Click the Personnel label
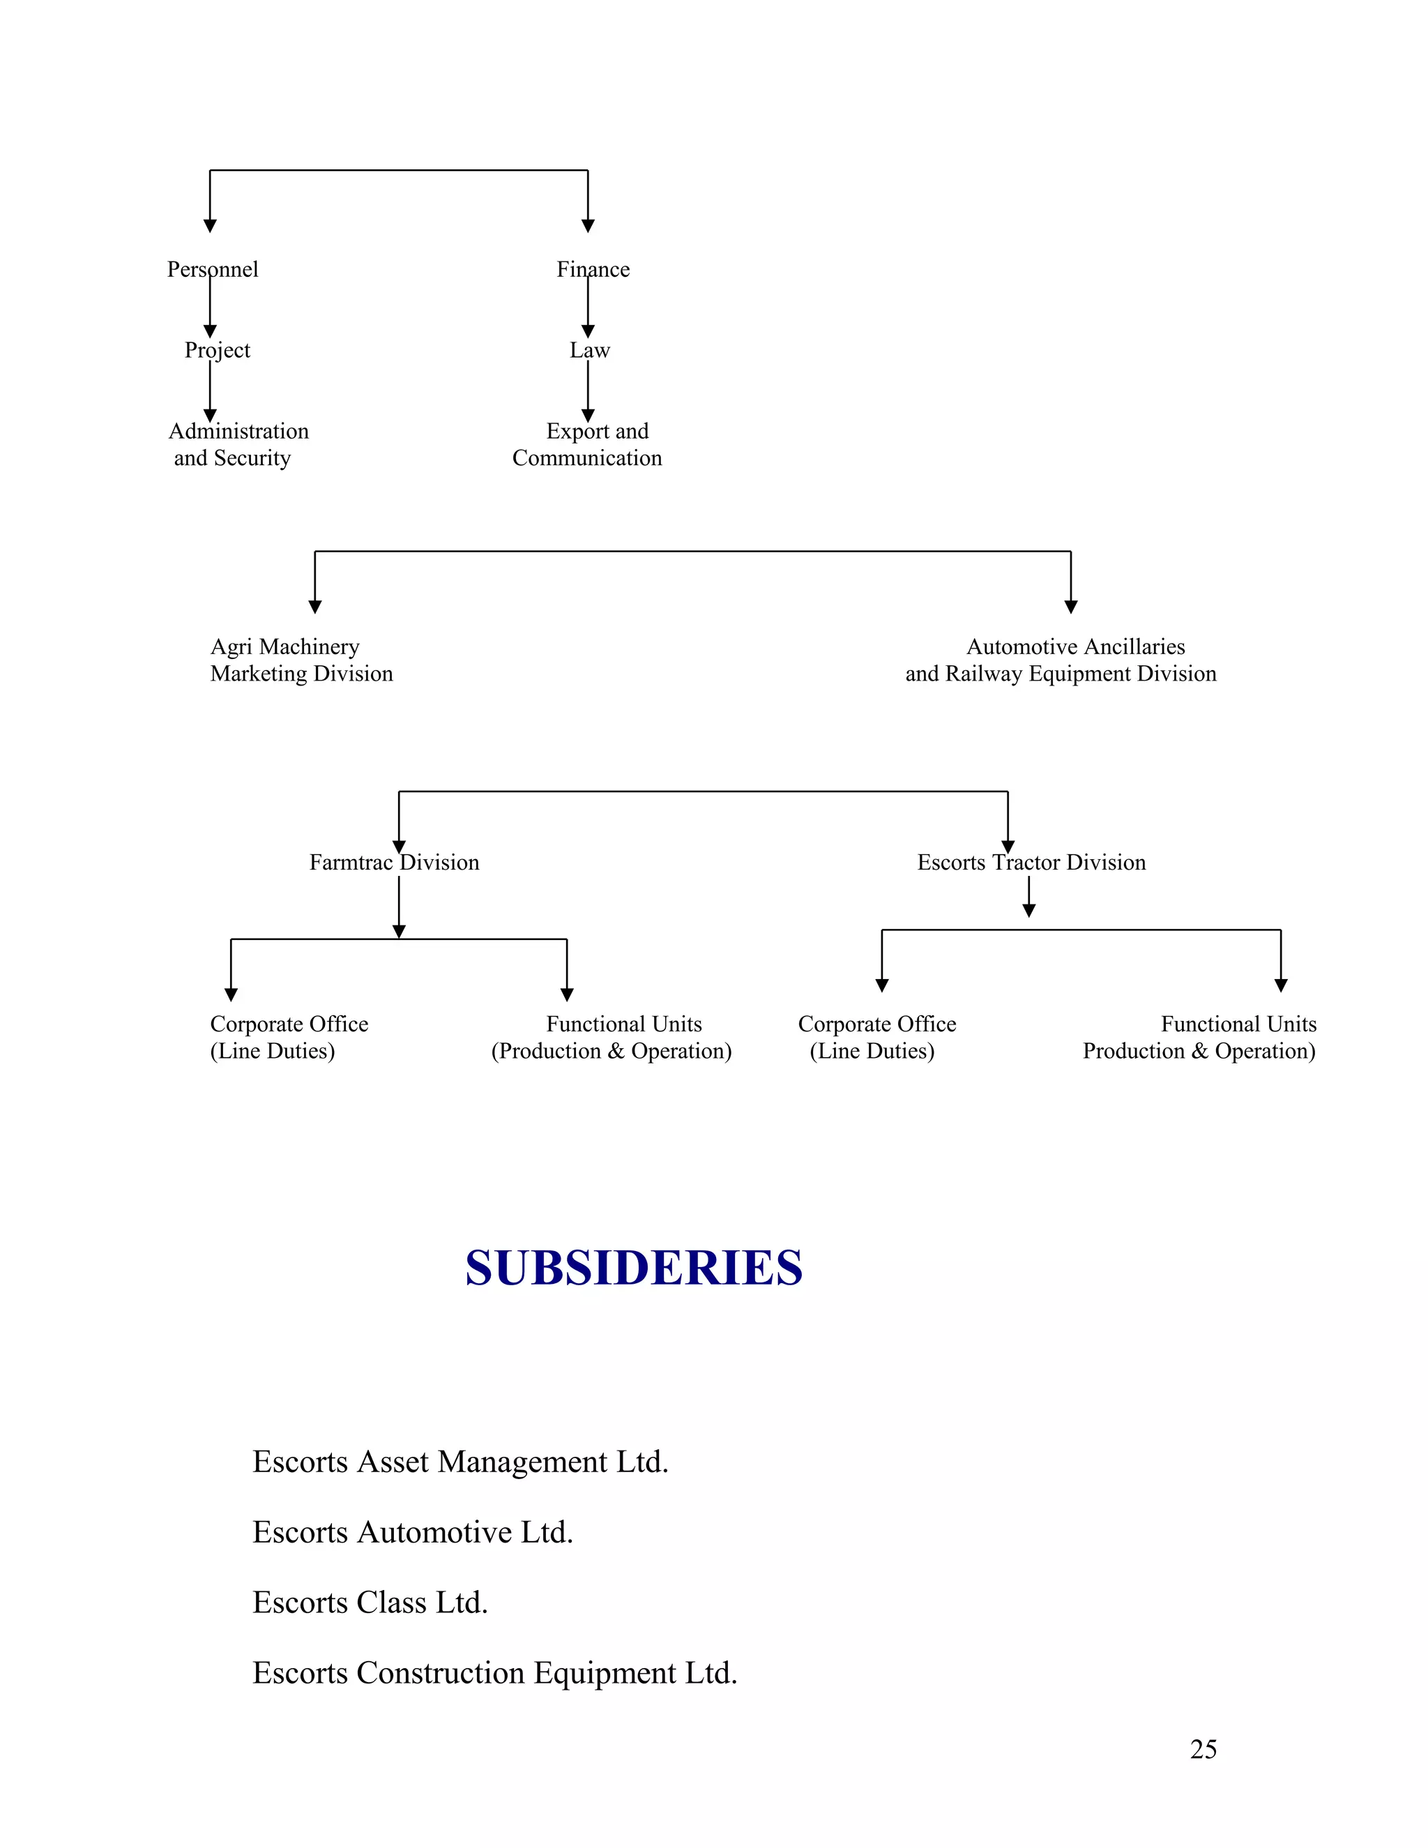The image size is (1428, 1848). point(213,269)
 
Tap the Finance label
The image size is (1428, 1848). point(593,269)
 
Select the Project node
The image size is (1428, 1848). point(218,350)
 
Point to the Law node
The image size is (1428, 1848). point(590,350)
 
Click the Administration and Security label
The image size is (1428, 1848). point(238,444)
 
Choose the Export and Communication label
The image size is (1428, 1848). point(588,444)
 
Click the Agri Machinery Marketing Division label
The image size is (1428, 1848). point(301,660)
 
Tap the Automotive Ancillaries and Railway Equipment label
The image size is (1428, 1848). point(1061,660)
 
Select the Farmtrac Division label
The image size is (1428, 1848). point(394,862)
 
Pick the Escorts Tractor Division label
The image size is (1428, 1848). point(1031,862)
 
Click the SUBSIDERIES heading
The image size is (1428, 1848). point(634,1268)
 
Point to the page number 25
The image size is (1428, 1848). point(1203,1749)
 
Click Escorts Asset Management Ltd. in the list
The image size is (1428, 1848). point(460,1461)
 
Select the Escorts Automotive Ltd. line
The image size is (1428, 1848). point(413,1531)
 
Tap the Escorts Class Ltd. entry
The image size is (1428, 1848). point(370,1602)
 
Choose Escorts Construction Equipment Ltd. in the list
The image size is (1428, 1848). point(495,1672)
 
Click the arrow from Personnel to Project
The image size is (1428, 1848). point(210,306)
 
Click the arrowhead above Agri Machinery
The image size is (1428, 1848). point(314,607)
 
